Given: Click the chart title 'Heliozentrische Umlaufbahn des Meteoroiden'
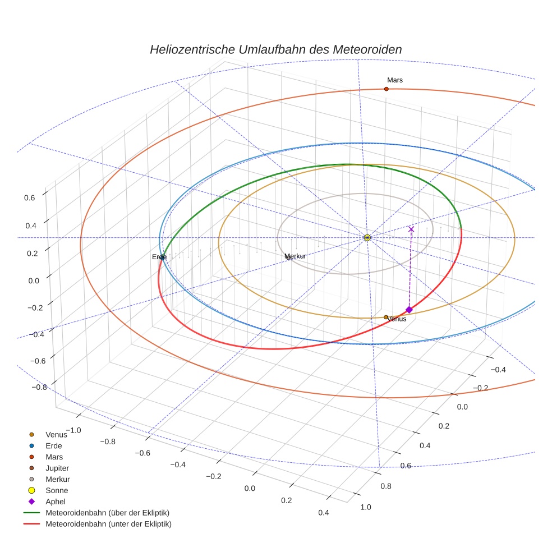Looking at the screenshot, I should pos(275,49).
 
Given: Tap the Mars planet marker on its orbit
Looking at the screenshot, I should pos(386,89).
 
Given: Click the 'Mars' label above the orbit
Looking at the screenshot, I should pos(394,80).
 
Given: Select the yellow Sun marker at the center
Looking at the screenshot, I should pos(367,238).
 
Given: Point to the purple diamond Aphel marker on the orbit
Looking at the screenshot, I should pos(409,310).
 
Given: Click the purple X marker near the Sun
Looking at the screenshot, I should pos(411,229).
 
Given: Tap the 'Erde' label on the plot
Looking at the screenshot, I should pos(159,257).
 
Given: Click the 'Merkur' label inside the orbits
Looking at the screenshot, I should pos(295,256).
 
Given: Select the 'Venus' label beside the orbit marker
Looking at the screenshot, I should pos(397,319).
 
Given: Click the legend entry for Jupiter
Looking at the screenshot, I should pos(57,468).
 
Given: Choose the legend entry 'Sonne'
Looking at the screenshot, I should pos(57,490).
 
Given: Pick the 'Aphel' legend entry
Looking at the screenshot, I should pos(56,502).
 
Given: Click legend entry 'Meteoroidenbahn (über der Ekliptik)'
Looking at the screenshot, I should pos(107,513).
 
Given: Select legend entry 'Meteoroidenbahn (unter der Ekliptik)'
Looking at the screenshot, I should pos(108,524).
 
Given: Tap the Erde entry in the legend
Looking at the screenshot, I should pos(54,445).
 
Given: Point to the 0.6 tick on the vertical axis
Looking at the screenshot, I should pos(30,197).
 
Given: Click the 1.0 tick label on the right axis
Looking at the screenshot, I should pos(365,507).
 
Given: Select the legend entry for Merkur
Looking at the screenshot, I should pos(57,479).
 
